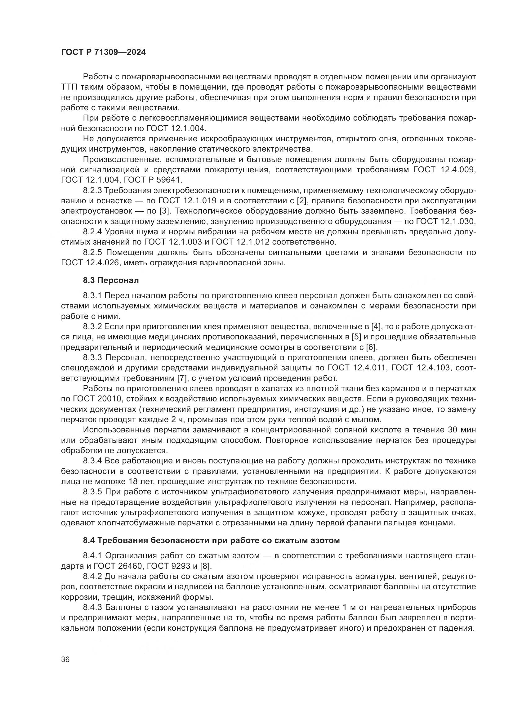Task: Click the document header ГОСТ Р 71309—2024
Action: (x=103, y=52)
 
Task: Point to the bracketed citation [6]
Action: (x=371, y=347)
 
